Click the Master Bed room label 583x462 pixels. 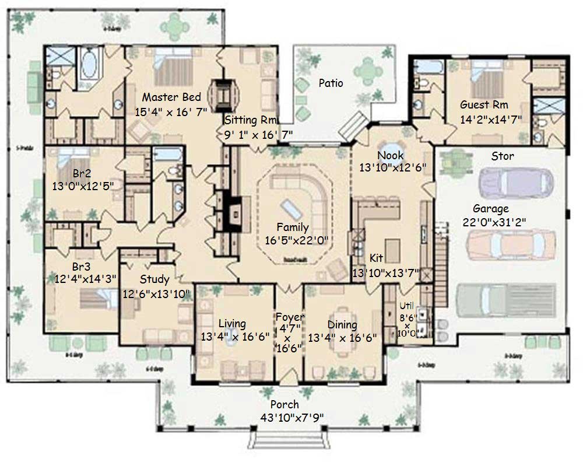[x=171, y=97]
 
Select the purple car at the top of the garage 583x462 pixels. [x=514, y=183]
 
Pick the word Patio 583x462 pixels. [x=331, y=83]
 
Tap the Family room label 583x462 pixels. [x=293, y=228]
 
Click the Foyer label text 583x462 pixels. [x=290, y=317]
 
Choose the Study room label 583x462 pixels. [x=154, y=279]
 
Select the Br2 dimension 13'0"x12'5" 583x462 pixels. [x=82, y=185]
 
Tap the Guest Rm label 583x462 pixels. [x=484, y=105]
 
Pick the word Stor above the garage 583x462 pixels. [x=502, y=156]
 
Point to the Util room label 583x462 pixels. [x=405, y=305]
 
